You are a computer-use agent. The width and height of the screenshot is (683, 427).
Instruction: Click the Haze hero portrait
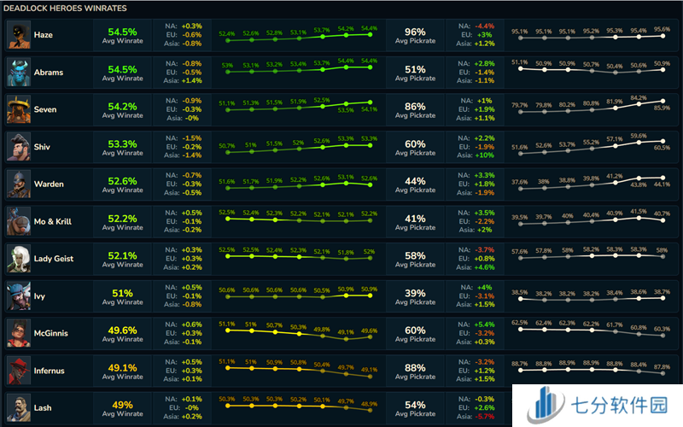(18, 35)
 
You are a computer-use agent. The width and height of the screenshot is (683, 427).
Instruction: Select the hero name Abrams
(49, 73)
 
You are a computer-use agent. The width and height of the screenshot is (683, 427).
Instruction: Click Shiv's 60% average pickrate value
(415, 143)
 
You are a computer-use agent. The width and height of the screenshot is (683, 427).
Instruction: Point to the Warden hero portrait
(18, 184)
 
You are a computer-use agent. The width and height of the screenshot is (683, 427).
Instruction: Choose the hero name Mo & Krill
(54, 221)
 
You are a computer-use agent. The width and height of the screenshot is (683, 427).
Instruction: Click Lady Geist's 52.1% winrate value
(122, 255)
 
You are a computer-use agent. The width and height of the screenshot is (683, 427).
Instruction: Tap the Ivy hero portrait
(18, 295)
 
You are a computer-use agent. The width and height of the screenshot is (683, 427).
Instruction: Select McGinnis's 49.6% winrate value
(122, 330)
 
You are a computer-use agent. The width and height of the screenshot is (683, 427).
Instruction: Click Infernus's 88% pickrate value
(415, 367)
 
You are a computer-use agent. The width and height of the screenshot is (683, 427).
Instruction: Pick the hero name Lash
(43, 407)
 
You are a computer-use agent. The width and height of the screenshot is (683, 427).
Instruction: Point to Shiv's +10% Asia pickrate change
(483, 155)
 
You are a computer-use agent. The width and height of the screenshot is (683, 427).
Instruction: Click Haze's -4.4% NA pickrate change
(483, 26)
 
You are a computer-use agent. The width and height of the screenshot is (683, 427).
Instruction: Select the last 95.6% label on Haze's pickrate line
(662, 30)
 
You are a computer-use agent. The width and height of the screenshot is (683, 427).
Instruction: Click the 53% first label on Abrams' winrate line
(227, 65)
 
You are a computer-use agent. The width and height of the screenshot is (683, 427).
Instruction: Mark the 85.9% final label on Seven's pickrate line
(662, 108)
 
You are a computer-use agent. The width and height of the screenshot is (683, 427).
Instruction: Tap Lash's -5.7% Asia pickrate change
(483, 416)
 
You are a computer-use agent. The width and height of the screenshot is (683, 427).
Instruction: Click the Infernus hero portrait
(18, 370)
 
